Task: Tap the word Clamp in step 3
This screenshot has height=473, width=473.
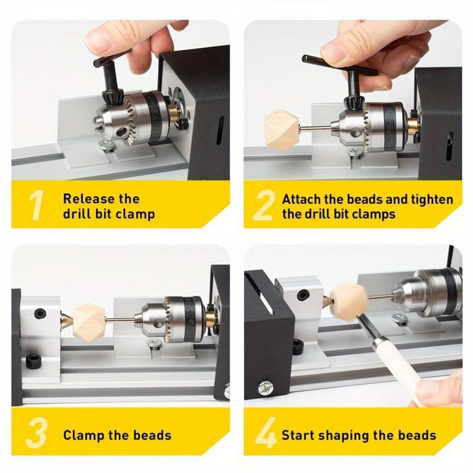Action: [x=86, y=435]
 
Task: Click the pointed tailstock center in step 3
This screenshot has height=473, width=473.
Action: [x=66, y=321]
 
